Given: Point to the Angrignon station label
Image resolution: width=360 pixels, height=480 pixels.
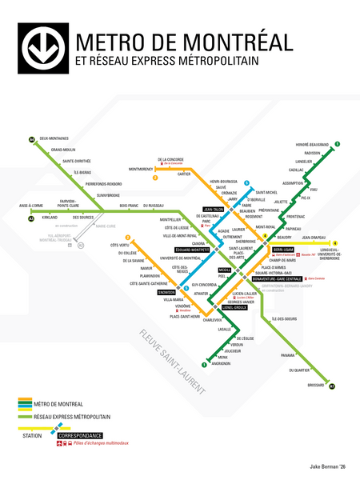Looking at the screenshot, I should coord(221,363).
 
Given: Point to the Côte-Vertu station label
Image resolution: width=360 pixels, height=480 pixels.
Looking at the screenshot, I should coord(121,244).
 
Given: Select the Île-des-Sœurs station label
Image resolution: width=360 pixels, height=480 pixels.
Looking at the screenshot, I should coord(284,318).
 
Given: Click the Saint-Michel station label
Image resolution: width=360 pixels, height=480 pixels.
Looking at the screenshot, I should coord(266,192).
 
